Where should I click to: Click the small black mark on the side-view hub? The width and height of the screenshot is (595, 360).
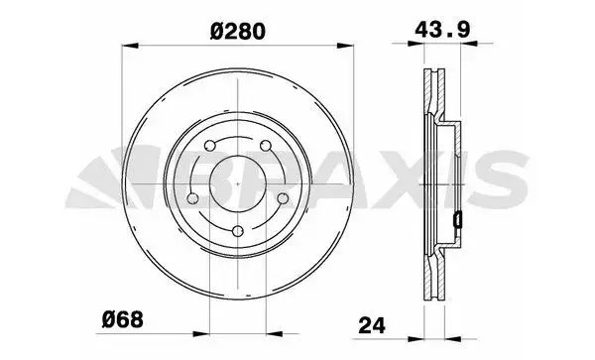(457, 219)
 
